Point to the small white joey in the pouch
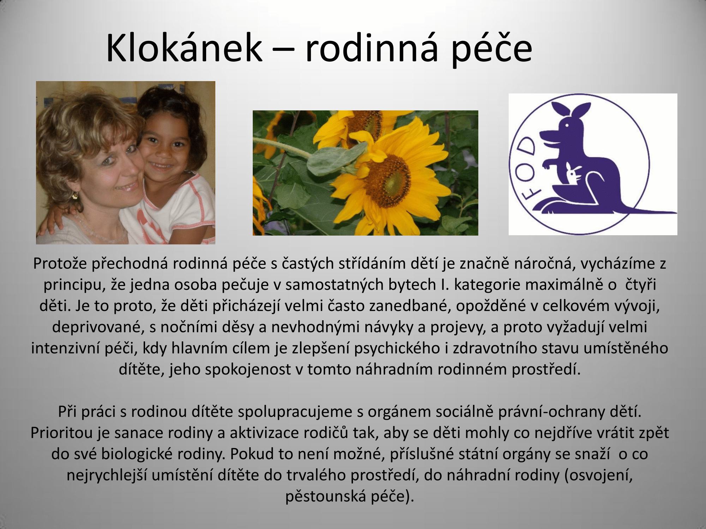click(573, 173)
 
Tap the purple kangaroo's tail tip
click(675, 212)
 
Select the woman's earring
click(75, 195)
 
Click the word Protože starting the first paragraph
click(60, 263)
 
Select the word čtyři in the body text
click(640, 285)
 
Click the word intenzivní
click(65, 348)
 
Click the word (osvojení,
click(599, 475)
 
